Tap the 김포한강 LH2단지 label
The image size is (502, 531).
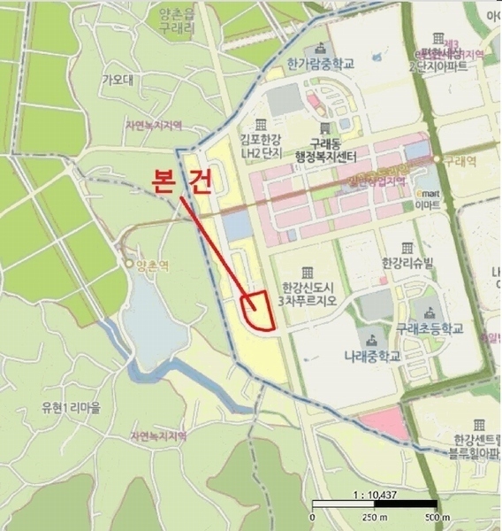tap(260, 145)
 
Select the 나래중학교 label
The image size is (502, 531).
tap(372, 356)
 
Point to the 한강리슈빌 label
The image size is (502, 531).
tap(407, 264)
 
